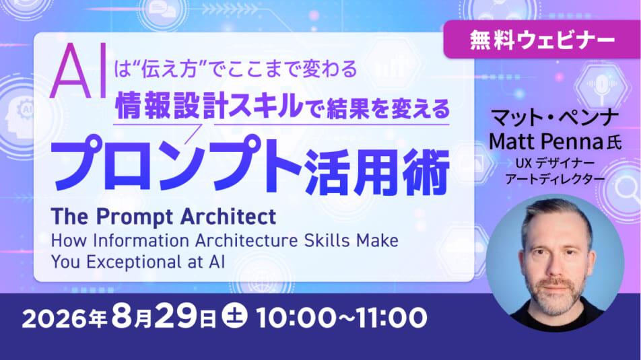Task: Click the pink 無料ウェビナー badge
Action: (542, 39)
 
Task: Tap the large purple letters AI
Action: (78, 71)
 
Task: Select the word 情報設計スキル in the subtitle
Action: (207, 108)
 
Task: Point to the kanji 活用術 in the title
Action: (377, 172)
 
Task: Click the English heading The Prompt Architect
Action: (164, 217)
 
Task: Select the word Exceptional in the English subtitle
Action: (134, 262)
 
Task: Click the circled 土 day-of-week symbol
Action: (234, 316)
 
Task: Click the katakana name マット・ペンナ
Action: (555, 118)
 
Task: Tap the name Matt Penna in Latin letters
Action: (546, 142)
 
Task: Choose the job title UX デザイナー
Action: (555, 164)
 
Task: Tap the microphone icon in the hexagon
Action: (601, 87)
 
